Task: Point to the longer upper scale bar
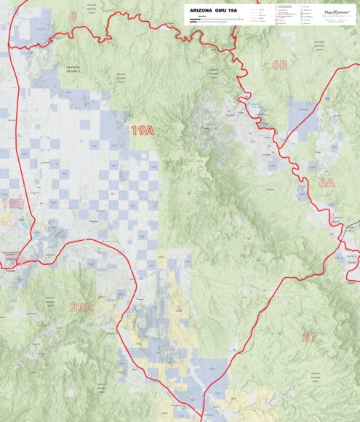215,20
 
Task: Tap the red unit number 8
73,15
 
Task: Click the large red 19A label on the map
143,130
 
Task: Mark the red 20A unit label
81,307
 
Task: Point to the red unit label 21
310,336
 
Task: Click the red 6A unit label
326,183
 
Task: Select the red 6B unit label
279,65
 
